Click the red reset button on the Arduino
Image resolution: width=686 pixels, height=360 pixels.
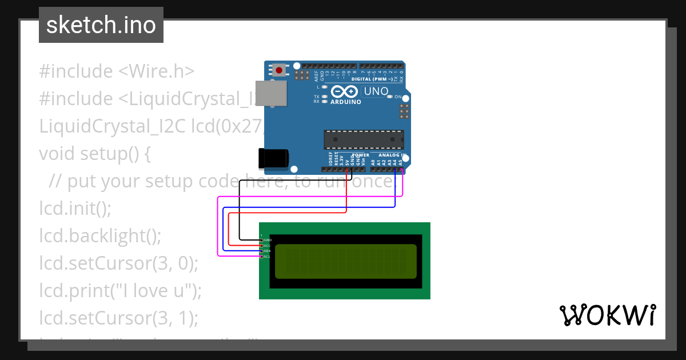[x=279, y=70]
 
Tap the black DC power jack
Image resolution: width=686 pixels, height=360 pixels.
[x=273, y=159]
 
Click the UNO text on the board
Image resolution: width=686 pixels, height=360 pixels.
[x=376, y=91]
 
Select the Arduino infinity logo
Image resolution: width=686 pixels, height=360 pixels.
[x=345, y=91]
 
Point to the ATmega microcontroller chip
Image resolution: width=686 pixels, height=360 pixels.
[x=364, y=140]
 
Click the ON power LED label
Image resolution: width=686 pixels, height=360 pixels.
[x=398, y=97]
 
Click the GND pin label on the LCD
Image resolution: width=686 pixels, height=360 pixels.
[x=267, y=240]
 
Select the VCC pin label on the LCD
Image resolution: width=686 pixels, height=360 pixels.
[x=267, y=246]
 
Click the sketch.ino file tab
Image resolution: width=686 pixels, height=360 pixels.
[x=101, y=25]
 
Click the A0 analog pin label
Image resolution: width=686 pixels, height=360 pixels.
[x=373, y=162]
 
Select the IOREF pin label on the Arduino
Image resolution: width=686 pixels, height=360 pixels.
[x=331, y=159]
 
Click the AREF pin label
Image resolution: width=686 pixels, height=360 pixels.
[x=316, y=74]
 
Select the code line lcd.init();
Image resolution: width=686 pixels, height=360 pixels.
[x=75, y=208]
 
